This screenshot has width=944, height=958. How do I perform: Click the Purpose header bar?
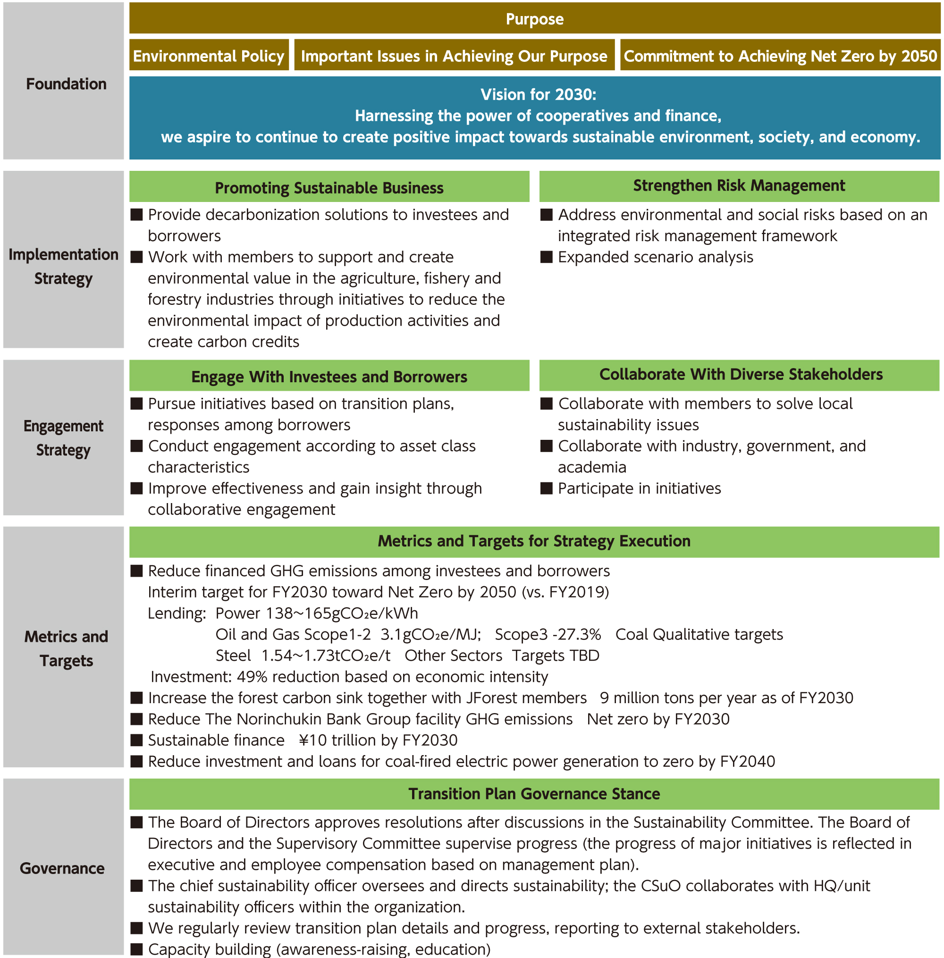534,19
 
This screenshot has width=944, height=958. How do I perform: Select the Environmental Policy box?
209,56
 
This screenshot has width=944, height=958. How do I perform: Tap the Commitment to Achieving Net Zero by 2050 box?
780,56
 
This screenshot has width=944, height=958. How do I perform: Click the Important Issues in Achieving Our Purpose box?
454,56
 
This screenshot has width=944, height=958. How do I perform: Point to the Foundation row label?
66,84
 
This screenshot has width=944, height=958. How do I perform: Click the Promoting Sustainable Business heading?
329,187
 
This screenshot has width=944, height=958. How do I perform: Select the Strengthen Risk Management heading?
739,185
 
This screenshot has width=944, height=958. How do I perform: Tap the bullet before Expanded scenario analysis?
547,257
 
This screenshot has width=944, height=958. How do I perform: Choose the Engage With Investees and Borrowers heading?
329,376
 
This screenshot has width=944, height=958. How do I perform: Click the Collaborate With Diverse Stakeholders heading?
741,374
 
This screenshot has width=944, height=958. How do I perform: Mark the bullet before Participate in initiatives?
547,488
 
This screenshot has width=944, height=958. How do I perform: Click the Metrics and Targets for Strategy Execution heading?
534,541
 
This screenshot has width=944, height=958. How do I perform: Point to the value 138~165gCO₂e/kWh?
342,613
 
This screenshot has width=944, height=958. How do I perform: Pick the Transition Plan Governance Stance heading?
534,793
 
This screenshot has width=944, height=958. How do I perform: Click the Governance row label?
62,868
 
